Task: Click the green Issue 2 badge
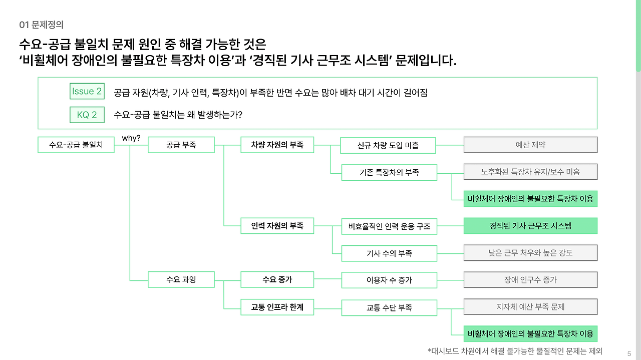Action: tap(87, 91)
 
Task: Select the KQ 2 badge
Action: tap(87, 115)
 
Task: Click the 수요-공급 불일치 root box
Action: tap(76, 145)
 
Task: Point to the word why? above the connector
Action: tap(131, 138)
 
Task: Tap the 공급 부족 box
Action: tap(181, 145)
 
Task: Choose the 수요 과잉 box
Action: tap(181, 279)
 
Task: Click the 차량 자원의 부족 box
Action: tap(277, 145)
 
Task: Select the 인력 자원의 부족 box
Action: tap(277, 226)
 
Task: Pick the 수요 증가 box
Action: tap(277, 279)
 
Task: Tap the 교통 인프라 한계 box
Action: tap(277, 307)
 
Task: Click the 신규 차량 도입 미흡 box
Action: tap(388, 146)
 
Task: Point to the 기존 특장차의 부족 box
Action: tap(389, 172)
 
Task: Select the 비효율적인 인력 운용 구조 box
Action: tap(389, 226)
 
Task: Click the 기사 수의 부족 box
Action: tap(389, 253)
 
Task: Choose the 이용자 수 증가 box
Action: tap(389, 280)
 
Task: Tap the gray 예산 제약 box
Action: tap(530, 145)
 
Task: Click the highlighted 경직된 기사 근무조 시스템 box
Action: tap(530, 226)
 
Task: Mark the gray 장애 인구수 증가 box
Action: tap(530, 280)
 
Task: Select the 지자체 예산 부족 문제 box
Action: tap(530, 306)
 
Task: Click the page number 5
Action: tap(629, 353)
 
